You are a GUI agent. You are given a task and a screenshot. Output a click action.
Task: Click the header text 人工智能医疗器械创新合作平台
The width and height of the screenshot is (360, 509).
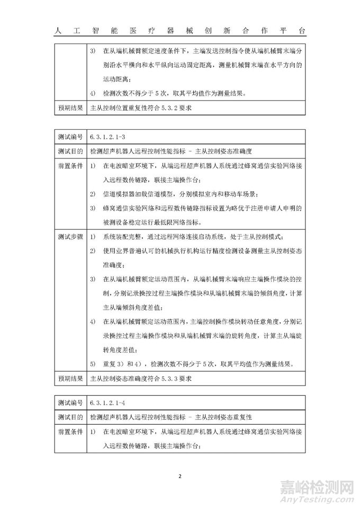tap(180, 31)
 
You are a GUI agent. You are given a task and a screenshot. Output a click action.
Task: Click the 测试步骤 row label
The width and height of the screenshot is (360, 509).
tap(70, 236)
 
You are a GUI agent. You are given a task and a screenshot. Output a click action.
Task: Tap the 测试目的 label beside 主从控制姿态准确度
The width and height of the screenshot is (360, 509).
tap(70, 151)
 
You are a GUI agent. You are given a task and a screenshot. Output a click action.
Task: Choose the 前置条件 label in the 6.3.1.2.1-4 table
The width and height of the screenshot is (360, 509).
tap(70, 432)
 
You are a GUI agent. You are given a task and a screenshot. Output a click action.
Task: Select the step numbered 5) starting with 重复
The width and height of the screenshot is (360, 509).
tap(191, 364)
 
